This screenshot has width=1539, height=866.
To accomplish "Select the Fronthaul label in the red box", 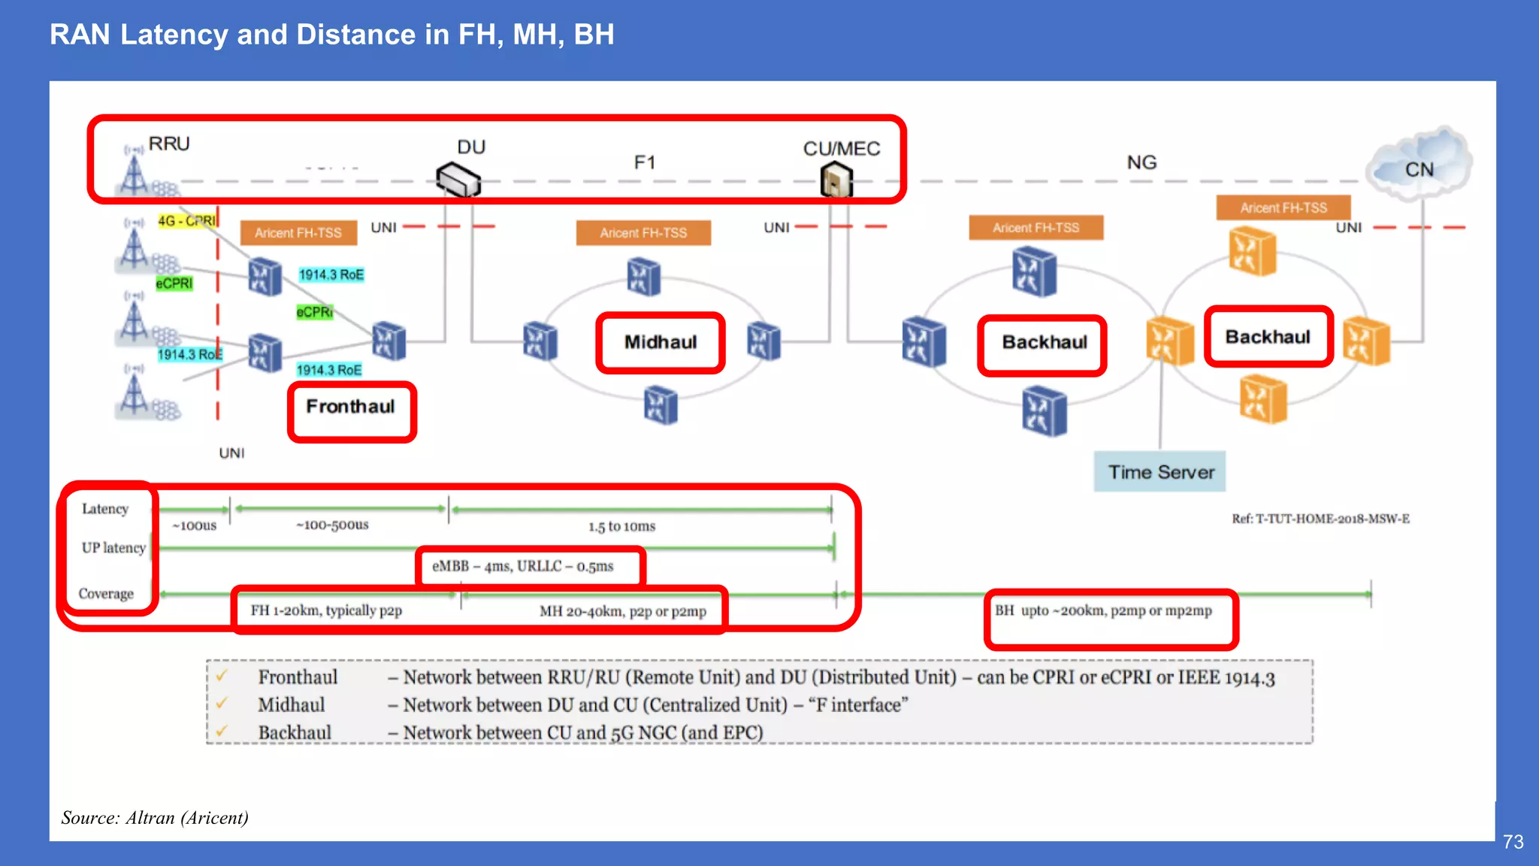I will [350, 407].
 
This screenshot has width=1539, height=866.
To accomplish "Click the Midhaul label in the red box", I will [661, 342].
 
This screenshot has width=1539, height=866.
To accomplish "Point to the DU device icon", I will [458, 179].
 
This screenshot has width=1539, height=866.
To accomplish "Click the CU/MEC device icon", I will [836, 180].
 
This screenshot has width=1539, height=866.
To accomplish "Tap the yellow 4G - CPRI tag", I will [186, 220].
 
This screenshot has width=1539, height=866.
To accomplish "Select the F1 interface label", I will [645, 162].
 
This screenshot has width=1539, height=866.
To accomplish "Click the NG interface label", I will [1141, 162].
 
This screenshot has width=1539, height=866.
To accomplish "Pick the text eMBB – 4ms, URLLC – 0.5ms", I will [522, 566].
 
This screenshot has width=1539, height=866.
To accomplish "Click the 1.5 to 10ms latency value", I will [621, 526].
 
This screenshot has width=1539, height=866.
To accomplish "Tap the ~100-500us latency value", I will [332, 525].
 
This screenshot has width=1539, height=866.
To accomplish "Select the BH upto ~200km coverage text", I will [1102, 610].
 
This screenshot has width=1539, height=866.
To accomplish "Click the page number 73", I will [1513, 842].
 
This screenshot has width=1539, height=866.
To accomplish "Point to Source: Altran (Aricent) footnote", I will [155, 818].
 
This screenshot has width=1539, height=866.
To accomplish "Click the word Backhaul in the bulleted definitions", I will [295, 732].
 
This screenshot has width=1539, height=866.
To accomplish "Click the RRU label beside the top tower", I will [169, 144].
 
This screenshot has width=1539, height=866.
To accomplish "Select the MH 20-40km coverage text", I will [622, 611].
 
